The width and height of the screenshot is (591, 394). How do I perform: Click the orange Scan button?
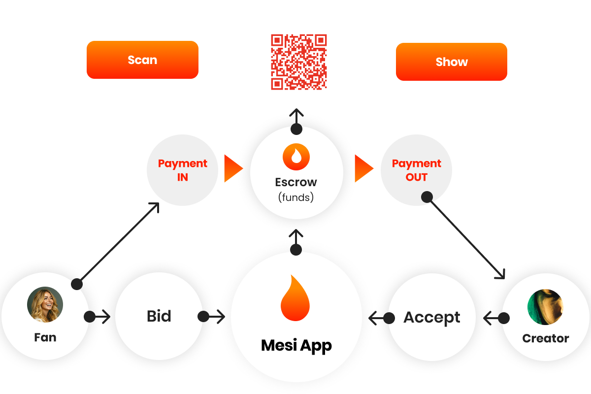click(142, 60)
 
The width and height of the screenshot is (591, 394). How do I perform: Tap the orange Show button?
click(451, 62)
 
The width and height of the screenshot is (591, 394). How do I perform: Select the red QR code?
click(299, 62)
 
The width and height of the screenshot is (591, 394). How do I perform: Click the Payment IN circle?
click(182, 170)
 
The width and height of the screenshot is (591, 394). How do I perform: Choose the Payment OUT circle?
click(416, 170)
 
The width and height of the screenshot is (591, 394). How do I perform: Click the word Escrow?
click(296, 182)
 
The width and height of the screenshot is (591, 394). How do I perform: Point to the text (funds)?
click(296, 197)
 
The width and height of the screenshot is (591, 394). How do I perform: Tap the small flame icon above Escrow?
click(296, 157)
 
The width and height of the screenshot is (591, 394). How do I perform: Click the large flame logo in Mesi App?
click(295, 299)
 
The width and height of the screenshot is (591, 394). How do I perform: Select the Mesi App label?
click(296, 345)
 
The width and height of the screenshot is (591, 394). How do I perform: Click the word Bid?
click(159, 316)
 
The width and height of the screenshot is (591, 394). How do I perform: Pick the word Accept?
click(432, 318)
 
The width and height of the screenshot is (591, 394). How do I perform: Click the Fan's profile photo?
click(45, 305)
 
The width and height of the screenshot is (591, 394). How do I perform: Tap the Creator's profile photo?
click(545, 307)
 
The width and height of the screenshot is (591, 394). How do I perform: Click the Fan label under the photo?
click(45, 338)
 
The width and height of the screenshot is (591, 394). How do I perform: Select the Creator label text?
click(545, 339)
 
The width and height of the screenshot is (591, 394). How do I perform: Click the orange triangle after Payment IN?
click(232, 169)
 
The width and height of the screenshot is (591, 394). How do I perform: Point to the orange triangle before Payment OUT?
click(363, 169)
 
